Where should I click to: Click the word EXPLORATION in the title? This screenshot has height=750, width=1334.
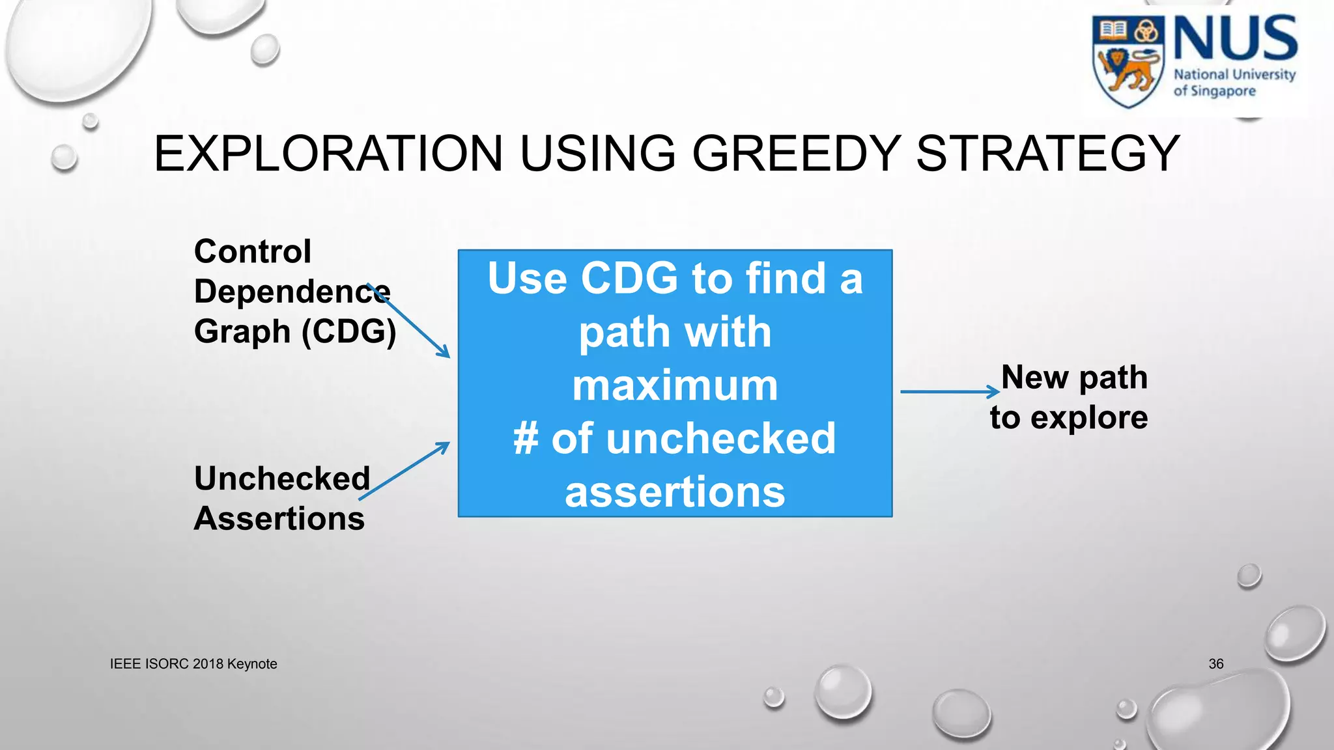pyautogui.click(x=328, y=154)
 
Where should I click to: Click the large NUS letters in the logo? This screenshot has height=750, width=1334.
pyautogui.click(x=1235, y=39)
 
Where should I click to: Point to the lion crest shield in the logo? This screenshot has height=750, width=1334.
pyautogui.click(x=1129, y=62)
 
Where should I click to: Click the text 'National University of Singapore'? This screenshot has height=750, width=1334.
pyautogui.click(x=1234, y=83)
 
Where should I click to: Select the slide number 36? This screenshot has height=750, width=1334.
pyautogui.click(x=1215, y=664)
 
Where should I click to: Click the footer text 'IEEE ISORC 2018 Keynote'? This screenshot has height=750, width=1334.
pyautogui.click(x=193, y=664)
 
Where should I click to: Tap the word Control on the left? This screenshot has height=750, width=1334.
pyautogui.click(x=253, y=252)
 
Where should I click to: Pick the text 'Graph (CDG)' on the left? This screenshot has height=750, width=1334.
pyautogui.click(x=294, y=332)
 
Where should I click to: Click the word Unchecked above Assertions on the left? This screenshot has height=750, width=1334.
pyautogui.click(x=281, y=479)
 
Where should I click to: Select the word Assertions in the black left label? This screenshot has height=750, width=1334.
pyautogui.click(x=279, y=519)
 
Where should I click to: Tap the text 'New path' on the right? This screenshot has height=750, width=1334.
pyautogui.click(x=1074, y=378)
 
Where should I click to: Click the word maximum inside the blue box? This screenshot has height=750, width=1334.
pyautogui.click(x=675, y=385)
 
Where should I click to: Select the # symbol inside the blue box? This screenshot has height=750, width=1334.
pyautogui.click(x=526, y=439)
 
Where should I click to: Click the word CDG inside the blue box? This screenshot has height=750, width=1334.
pyautogui.click(x=629, y=279)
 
